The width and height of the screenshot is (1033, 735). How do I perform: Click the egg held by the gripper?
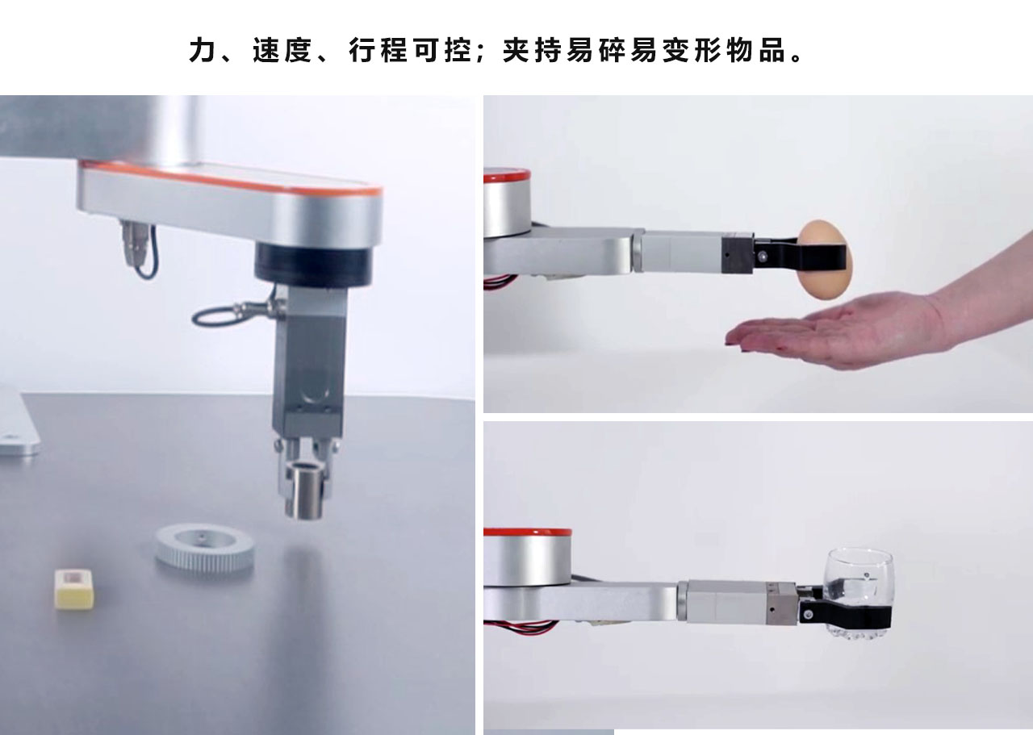(x=825, y=261)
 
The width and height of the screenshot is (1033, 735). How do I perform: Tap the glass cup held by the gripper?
(x=859, y=594)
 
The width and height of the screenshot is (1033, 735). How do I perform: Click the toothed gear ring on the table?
(x=204, y=548)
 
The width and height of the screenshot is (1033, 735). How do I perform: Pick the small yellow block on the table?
(x=75, y=589)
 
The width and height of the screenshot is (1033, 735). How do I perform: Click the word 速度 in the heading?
(x=282, y=50)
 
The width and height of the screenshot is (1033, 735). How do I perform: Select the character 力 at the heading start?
(x=203, y=50)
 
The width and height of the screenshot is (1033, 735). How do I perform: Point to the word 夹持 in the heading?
(x=532, y=50)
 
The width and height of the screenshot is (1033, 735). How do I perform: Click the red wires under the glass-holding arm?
(x=521, y=626)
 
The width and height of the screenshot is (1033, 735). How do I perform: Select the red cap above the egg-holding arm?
(x=507, y=175)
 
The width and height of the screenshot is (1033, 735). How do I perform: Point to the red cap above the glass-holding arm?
(x=528, y=533)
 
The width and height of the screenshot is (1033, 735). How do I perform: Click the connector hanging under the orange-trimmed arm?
(x=136, y=244)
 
